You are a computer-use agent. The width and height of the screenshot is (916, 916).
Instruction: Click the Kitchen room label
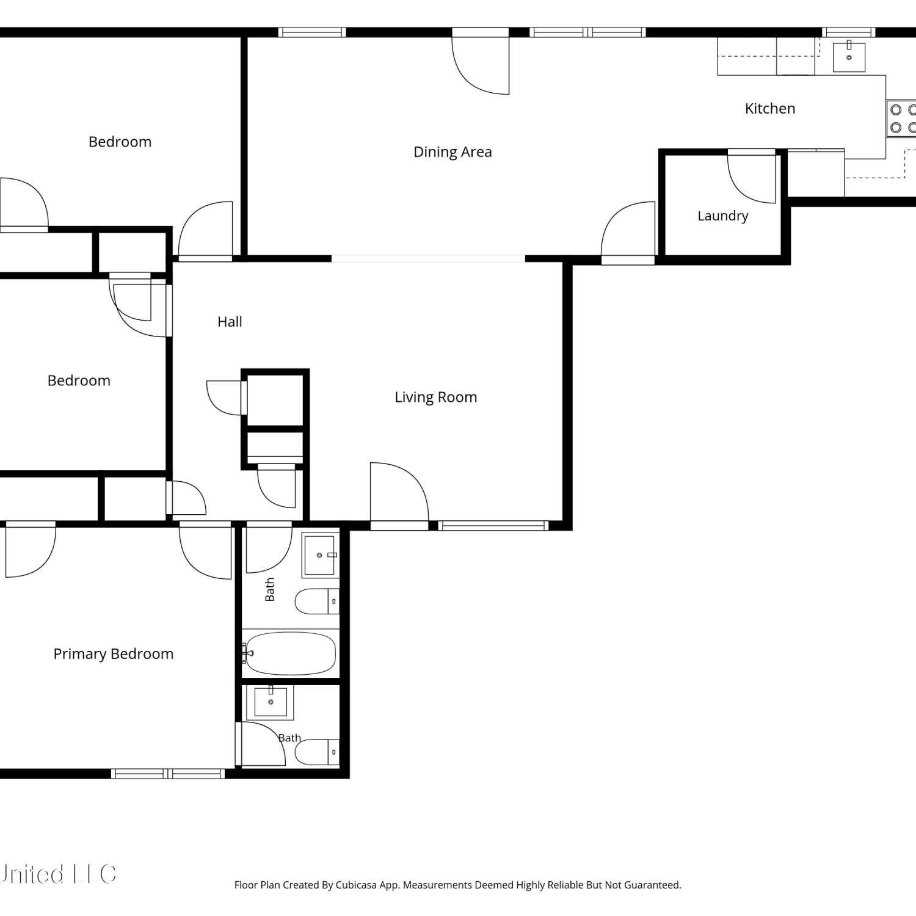point(770,109)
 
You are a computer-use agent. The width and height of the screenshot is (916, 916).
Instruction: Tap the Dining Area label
point(453,152)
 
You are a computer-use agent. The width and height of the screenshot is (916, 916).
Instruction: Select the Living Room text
point(435,398)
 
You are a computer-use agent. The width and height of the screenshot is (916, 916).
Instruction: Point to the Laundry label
point(722,216)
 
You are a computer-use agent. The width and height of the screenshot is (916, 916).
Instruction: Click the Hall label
point(230,322)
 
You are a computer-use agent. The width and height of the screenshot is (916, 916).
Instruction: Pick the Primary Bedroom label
point(114,654)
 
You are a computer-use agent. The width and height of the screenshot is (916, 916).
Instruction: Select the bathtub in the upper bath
point(289,653)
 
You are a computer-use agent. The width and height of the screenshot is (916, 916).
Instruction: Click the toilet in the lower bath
point(317,752)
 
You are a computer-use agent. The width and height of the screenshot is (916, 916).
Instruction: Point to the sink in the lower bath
point(271,702)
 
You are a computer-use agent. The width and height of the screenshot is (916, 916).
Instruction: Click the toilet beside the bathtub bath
point(317,602)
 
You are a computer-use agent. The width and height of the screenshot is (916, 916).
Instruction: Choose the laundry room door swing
point(752,177)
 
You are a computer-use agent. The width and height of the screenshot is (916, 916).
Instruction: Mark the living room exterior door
point(399,494)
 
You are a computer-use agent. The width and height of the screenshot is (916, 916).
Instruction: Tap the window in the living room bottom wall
point(493,525)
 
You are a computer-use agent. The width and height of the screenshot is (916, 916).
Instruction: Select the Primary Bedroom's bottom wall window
point(168,774)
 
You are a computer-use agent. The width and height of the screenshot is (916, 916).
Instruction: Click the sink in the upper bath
point(319,555)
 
